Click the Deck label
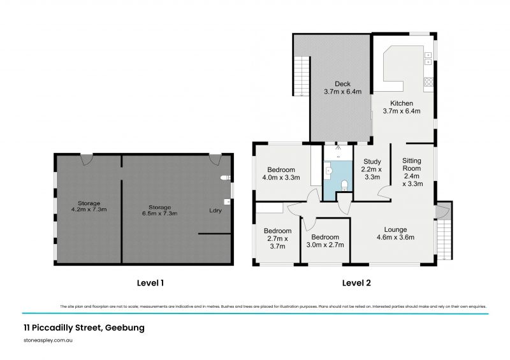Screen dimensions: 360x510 pyautogui.click(x=342, y=87)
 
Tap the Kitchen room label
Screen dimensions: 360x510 pyautogui.click(x=402, y=107)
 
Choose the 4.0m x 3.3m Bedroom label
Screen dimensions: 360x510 pyautogui.click(x=280, y=173)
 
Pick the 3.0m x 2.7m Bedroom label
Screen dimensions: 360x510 pyautogui.click(x=326, y=240)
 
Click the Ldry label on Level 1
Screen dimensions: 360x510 pyautogui.click(x=215, y=210)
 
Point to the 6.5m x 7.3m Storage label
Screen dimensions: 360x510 pyautogui.click(x=159, y=211)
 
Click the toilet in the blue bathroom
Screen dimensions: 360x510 pyautogui.click(x=344, y=185)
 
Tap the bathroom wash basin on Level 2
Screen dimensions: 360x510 pyautogui.click(x=327, y=169)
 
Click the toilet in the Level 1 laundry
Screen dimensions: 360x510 pyautogui.click(x=223, y=178)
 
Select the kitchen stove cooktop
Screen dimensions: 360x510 pyautogui.click(x=429, y=81)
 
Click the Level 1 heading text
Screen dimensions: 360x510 pyautogui.click(x=154, y=282)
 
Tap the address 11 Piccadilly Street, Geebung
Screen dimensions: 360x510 pyautogui.click(x=80, y=328)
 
